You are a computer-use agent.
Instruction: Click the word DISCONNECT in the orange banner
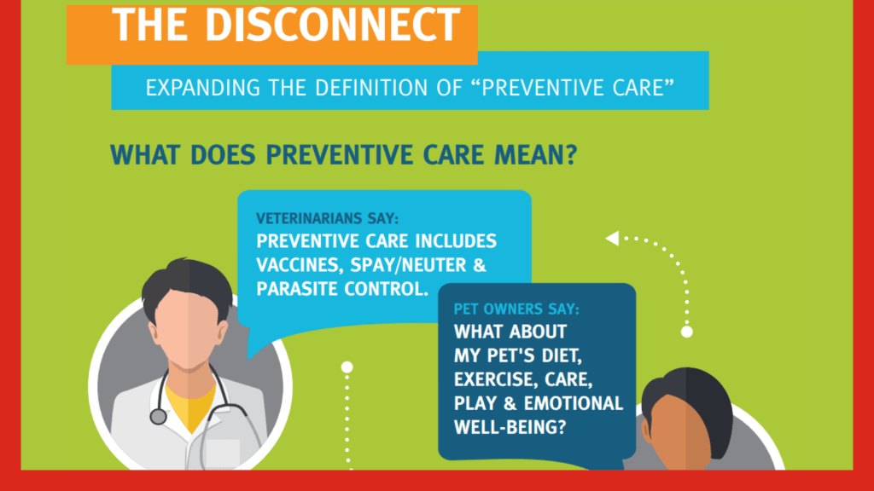click(333, 25)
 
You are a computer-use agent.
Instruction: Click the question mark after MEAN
click(571, 155)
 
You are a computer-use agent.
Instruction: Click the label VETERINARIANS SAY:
click(327, 218)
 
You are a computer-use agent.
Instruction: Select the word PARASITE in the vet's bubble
click(297, 289)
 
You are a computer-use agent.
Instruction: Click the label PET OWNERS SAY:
click(516, 309)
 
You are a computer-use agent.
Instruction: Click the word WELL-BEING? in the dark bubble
click(510, 427)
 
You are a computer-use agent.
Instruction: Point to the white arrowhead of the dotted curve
click(613, 239)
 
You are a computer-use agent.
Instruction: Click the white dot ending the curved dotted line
click(687, 332)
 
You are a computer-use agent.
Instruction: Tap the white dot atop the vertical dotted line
click(347, 367)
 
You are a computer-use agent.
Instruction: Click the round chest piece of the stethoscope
click(158, 416)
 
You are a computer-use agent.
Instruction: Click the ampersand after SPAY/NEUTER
click(480, 265)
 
